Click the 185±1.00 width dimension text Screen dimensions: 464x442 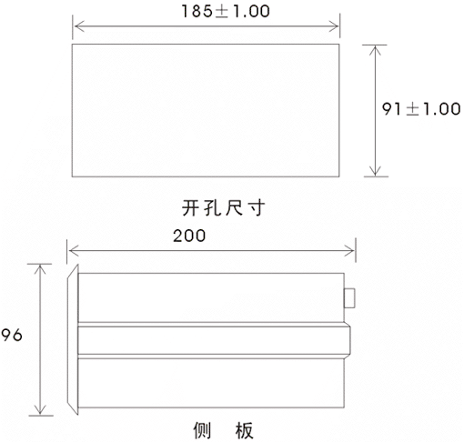pos(226,11)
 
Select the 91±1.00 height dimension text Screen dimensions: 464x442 pos(421,109)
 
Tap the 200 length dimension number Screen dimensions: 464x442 pos(189,236)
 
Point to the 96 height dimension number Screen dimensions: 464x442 pos(12,335)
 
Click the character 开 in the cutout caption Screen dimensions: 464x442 pos(191,208)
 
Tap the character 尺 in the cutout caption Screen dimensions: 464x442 pos(234,208)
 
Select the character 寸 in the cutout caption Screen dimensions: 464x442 pos(256,208)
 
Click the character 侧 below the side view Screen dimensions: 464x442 pos(202,430)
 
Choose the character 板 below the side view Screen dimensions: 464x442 pos(245,430)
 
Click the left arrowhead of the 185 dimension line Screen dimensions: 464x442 pos(79,26)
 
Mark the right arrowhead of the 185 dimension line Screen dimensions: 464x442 pos(334,26)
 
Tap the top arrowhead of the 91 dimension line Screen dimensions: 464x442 pos(376,50)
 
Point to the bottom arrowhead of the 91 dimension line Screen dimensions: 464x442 pos(376,171)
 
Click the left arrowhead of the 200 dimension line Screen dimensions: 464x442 pos(74,251)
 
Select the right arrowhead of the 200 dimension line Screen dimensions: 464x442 pos(349,251)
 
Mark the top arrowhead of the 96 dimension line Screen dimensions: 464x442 pos(40,269)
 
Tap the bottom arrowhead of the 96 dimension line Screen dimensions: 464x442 pos(40,409)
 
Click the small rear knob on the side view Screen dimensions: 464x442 pos(349,298)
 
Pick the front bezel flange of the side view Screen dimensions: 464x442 pos(73,339)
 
